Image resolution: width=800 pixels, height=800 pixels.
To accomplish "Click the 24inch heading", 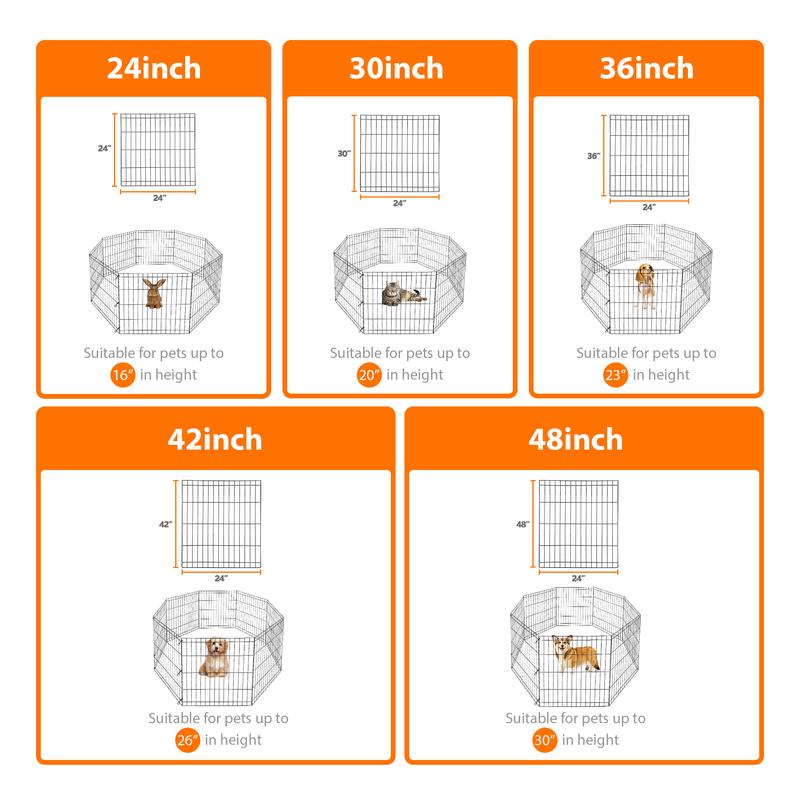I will (x=153, y=68).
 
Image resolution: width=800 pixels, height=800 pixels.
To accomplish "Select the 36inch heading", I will (x=647, y=68).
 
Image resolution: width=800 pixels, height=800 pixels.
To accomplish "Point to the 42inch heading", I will (x=215, y=438).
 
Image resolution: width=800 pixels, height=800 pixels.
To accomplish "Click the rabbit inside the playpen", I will (x=154, y=293).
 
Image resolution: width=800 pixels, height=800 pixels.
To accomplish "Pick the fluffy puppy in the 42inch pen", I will (x=214, y=656).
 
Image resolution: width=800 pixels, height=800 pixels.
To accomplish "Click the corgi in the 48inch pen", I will (x=577, y=653).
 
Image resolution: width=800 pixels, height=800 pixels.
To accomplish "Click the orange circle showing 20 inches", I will (x=368, y=375).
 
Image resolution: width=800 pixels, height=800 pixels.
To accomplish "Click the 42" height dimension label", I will (x=165, y=524).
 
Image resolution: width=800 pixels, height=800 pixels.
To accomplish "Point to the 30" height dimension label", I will (x=344, y=154).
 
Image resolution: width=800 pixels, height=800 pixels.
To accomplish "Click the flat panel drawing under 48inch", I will (x=580, y=523).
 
